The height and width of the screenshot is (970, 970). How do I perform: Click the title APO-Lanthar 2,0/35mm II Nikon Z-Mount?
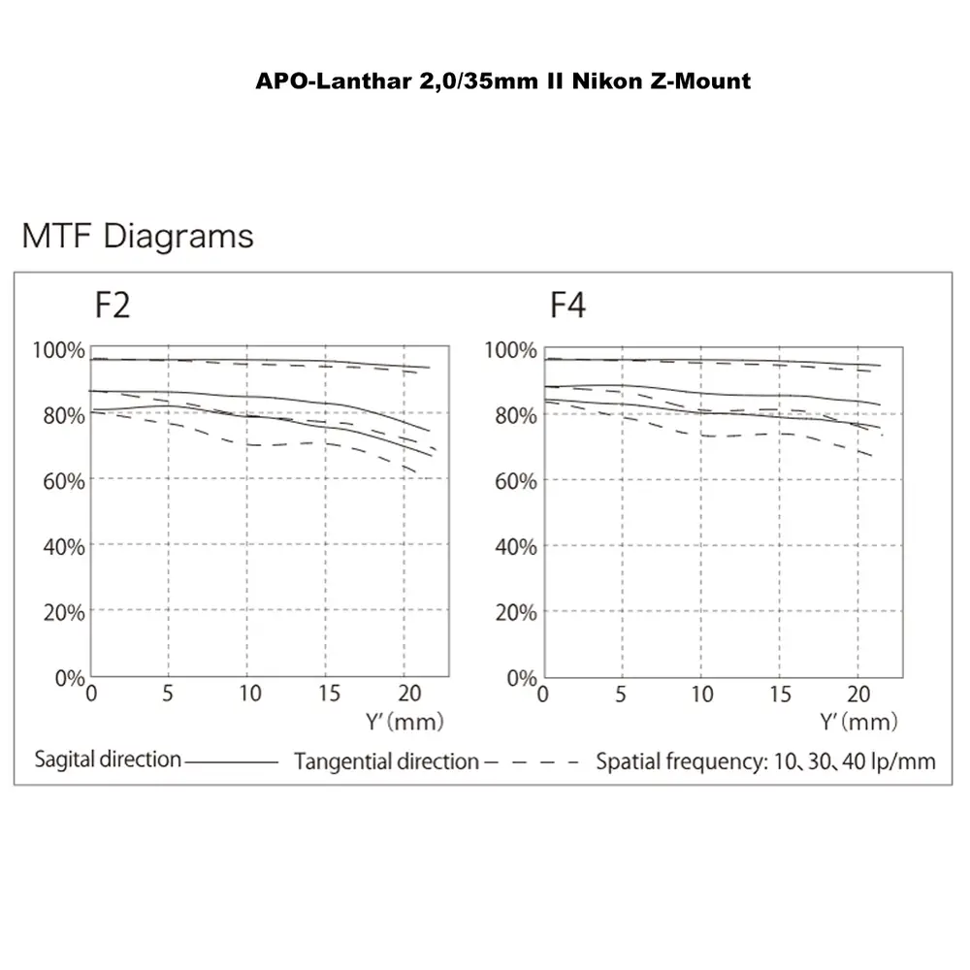(x=502, y=81)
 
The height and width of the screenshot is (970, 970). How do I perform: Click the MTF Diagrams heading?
(x=138, y=236)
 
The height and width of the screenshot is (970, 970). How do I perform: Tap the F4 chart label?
(x=567, y=305)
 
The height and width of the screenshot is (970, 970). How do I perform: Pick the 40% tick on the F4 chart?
(x=514, y=546)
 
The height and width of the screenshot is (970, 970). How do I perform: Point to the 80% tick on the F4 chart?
(x=514, y=415)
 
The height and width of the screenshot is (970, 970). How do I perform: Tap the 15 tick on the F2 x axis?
(x=330, y=694)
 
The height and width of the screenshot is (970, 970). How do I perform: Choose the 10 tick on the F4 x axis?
(x=701, y=694)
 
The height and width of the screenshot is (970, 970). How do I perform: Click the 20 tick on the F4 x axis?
(x=858, y=694)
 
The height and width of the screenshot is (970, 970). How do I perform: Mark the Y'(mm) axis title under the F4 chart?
(x=858, y=721)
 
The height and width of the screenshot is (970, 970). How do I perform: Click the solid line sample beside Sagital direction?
(x=231, y=761)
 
